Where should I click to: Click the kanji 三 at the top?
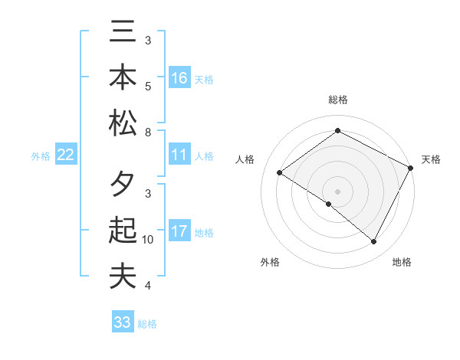(123, 33)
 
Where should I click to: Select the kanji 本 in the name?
(123, 77)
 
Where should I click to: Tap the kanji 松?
(123, 123)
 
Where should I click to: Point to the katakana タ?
(123, 186)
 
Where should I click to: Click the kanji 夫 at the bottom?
(123, 276)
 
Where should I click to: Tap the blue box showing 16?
(179, 78)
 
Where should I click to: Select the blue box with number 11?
(179, 155)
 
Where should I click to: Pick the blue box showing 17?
(179, 231)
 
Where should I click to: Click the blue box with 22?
(66, 155)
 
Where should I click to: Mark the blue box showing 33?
(123, 322)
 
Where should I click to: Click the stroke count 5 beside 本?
(148, 86)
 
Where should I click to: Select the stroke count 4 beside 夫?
(148, 286)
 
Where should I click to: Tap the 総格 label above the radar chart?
(338, 100)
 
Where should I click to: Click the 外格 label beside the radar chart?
(270, 263)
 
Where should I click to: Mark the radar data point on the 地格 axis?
(374, 242)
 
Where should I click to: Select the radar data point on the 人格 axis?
(280, 173)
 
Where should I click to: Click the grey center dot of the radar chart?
(337, 191)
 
